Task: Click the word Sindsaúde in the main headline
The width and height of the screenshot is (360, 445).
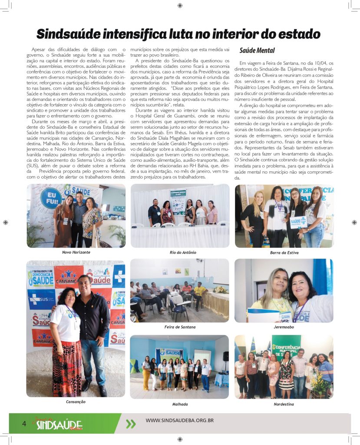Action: (x=73, y=34)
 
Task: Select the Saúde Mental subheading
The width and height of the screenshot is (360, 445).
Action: (x=257, y=50)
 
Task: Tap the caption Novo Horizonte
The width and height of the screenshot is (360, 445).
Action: (x=76, y=252)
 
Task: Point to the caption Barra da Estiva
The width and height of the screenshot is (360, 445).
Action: (x=284, y=252)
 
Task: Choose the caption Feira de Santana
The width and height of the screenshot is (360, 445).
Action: (x=180, y=327)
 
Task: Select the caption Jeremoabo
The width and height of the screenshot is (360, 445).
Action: (x=284, y=327)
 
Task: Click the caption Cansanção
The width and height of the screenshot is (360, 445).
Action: (x=76, y=402)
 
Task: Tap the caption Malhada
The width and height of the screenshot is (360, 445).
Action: (x=180, y=404)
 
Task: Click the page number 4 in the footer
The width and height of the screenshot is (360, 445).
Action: (x=24, y=423)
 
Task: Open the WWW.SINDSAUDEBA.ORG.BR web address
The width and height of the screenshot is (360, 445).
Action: (x=179, y=420)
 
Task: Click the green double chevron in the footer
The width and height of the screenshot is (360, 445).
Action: (x=130, y=424)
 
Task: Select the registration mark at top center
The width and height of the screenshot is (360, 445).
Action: (x=180, y=6)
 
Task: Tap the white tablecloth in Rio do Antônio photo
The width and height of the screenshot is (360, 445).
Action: (x=180, y=237)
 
